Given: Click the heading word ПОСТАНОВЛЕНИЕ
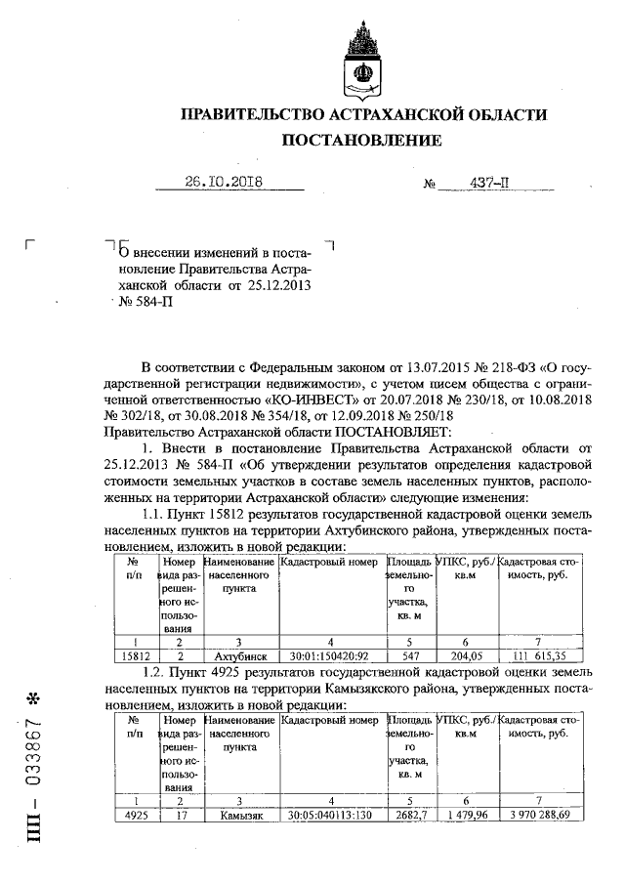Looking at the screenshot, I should click(x=361, y=141).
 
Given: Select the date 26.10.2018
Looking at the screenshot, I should click(x=226, y=182).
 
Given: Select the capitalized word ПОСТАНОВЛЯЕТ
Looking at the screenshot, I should click(x=389, y=431).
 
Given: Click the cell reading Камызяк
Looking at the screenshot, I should click(x=240, y=815).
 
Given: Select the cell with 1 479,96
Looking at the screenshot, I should click(x=466, y=815).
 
